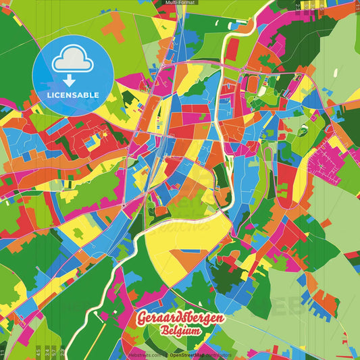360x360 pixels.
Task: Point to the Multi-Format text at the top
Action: point(179,3)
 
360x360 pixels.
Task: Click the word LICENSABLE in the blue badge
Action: point(73,95)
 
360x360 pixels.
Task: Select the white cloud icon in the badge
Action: point(72,61)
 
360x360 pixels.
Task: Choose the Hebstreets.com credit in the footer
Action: point(145,355)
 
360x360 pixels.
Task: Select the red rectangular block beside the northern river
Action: point(232,49)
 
